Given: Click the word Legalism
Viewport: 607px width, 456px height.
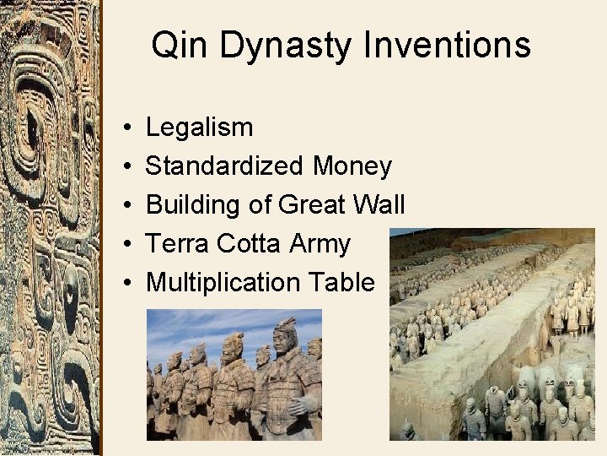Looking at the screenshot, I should coord(199,128).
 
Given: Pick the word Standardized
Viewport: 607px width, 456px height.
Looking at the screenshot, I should coord(224,166).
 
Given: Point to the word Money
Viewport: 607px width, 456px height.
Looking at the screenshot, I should coord(352,166).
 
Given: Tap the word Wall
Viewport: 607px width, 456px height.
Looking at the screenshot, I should coord(384,205).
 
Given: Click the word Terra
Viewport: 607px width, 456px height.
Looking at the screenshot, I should coord(177,244).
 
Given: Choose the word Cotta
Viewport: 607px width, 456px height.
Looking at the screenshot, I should coord(249,244).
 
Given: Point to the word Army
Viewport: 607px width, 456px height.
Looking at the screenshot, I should coord(320,244).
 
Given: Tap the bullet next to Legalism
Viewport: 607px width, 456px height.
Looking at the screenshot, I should coord(125,128).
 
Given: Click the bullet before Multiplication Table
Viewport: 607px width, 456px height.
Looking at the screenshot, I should coord(125,284).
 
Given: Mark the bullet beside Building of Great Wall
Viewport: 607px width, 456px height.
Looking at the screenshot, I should coord(125,206).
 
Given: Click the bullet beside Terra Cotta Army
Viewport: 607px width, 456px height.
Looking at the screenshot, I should coord(125,245).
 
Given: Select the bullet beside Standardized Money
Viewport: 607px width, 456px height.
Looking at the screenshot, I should coord(125,167).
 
